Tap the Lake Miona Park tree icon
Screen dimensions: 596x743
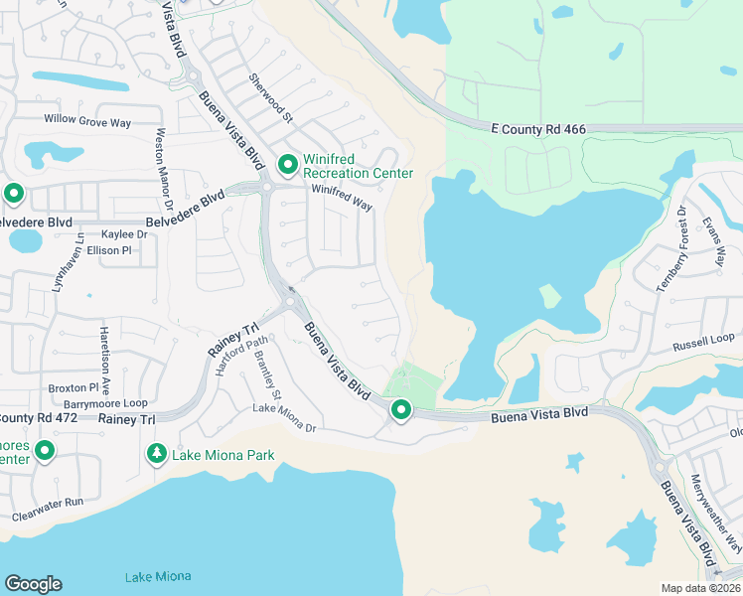pyautogui.click(x=156, y=454)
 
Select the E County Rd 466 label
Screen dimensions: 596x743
pyautogui.click(x=538, y=129)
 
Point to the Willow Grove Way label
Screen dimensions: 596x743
pyautogui.click(x=87, y=122)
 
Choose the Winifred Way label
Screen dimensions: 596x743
pyautogui.click(x=341, y=198)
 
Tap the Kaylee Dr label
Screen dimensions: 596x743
pyautogui.click(x=124, y=234)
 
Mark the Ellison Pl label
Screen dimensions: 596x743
pyautogui.click(x=109, y=250)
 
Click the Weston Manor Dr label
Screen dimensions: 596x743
pyautogui.click(x=161, y=169)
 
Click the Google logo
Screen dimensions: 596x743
pyautogui.click(x=33, y=584)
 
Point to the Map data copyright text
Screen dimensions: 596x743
pyautogui.click(x=700, y=588)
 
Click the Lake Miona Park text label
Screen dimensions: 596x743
pyautogui.click(x=223, y=455)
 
